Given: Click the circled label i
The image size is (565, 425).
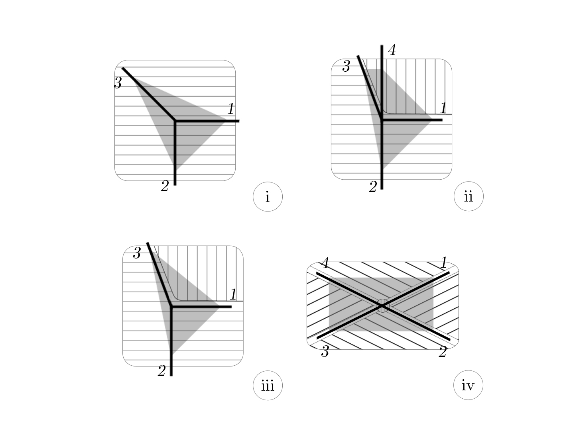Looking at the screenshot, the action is pos(268,197).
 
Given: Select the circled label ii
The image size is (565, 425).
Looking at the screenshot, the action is pos(469,196).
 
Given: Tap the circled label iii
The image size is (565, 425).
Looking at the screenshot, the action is pos(268,386).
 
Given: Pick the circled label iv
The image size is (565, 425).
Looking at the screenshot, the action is pos(468,385).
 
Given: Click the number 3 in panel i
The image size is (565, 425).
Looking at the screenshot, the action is pos(118,83).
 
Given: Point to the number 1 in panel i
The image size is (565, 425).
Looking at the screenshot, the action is pos(231,108).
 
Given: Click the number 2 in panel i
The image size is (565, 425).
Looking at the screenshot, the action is pos(165,186).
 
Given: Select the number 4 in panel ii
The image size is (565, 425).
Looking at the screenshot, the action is pos(392,50).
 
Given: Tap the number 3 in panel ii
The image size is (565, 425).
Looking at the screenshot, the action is pos(346,67).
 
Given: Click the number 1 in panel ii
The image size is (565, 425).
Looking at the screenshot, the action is pos(443,108).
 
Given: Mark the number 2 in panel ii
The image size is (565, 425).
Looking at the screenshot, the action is pos(373,187).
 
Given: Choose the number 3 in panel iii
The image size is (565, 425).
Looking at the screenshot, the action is pos(137,253).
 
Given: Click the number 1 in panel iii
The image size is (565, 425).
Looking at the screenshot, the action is pos(233,294).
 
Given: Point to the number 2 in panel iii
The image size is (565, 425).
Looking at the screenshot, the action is pos(161,371).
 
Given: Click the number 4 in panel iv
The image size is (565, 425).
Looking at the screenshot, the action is pos(325,263).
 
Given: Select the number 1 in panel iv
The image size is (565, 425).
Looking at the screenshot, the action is pos(443,262).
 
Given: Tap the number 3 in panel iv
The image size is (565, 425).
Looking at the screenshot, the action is pos(325,351).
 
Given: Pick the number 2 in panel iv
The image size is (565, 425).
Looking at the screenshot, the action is pos(443,351).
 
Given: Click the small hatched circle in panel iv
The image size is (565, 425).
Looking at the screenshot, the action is pos(383,306).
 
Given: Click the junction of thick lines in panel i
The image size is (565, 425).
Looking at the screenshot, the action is pos(175,121).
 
